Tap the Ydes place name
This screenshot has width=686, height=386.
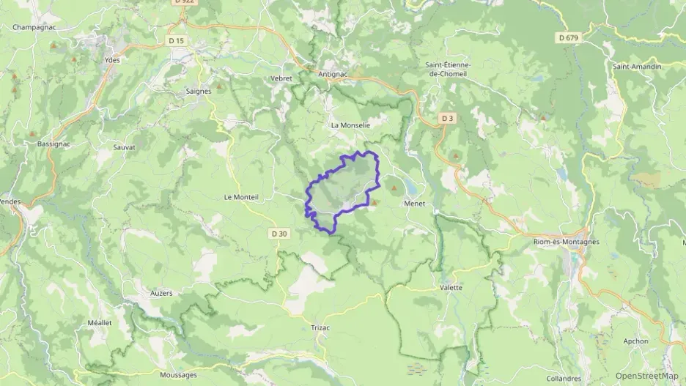pyautogui.click(x=112, y=60)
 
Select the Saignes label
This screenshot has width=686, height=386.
pyautogui.click(x=199, y=92)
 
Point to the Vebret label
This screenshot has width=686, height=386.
pyautogui.click(x=281, y=78)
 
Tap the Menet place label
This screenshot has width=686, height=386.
pyautogui.click(x=415, y=204)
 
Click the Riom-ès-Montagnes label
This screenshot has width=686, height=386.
pyautogui.click(x=566, y=242)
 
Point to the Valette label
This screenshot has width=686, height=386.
pyautogui.click(x=451, y=288)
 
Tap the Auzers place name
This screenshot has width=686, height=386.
pyautogui.click(x=161, y=293)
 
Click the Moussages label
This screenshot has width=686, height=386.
pyautogui.click(x=178, y=375)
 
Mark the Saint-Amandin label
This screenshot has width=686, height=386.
pyautogui.click(x=637, y=67)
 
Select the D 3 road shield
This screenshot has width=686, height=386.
pyautogui.click(x=448, y=118)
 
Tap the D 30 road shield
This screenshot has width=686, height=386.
pyautogui.click(x=279, y=234)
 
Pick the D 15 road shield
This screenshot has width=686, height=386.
pyautogui.click(x=176, y=40)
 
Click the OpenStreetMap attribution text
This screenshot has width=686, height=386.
pyautogui.click(x=646, y=376)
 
